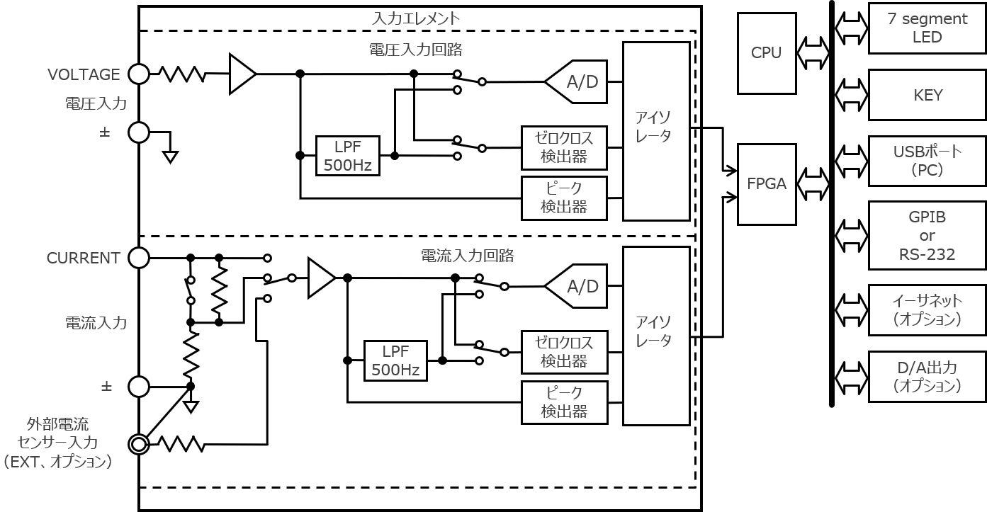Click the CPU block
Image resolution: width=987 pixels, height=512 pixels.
tap(766, 53)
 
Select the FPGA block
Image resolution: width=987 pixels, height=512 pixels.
tap(766, 184)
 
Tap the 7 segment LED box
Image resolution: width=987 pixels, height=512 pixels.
tap(927, 28)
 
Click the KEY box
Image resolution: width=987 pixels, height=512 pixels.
tap(927, 95)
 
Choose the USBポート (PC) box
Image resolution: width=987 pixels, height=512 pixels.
tap(927, 161)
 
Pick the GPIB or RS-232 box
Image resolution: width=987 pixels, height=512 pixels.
tap(927, 235)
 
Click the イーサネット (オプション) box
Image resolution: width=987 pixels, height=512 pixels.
tap(927, 310)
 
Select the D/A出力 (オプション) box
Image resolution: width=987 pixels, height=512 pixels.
tap(927, 377)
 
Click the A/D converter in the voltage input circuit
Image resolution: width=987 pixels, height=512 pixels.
tap(577, 82)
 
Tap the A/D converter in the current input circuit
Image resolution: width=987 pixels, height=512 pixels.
tap(577, 286)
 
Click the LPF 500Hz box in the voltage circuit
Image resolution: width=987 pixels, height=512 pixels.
tap(347, 156)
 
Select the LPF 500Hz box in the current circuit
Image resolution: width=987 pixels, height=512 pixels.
tap(395, 360)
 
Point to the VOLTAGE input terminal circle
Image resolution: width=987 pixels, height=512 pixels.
tap(138, 74)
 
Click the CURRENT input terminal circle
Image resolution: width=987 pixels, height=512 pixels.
tap(138, 258)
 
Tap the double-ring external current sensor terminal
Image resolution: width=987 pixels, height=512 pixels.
tap(138, 444)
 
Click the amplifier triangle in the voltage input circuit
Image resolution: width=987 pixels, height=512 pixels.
tap(240, 74)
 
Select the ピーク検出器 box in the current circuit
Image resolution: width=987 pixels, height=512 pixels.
tap(564, 402)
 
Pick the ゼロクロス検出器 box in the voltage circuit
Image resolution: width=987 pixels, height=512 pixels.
tap(564, 147)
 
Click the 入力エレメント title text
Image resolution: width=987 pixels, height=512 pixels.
tap(416, 18)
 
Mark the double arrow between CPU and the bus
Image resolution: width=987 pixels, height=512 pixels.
tap(813, 53)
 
